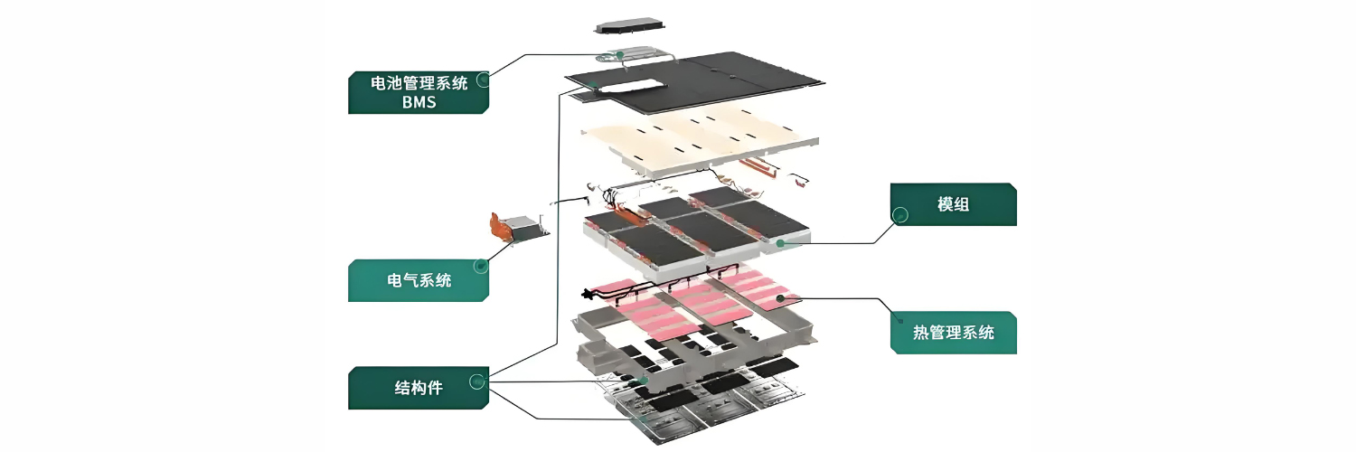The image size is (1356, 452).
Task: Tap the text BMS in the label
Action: point(419,102)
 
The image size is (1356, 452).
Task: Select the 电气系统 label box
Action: point(419,280)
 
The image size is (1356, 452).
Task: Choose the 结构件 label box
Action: point(419,389)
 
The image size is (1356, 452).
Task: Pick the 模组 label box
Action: point(953,204)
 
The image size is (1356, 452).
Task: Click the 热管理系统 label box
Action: point(953,333)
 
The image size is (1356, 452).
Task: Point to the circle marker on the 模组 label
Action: point(899,215)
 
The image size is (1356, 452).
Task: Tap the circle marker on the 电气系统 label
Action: point(481,267)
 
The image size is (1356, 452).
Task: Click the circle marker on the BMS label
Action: point(483,80)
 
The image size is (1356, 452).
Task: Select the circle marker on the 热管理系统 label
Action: point(899,319)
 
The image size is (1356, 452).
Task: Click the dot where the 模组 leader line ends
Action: point(779,242)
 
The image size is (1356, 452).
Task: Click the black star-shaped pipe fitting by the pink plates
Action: point(594,294)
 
